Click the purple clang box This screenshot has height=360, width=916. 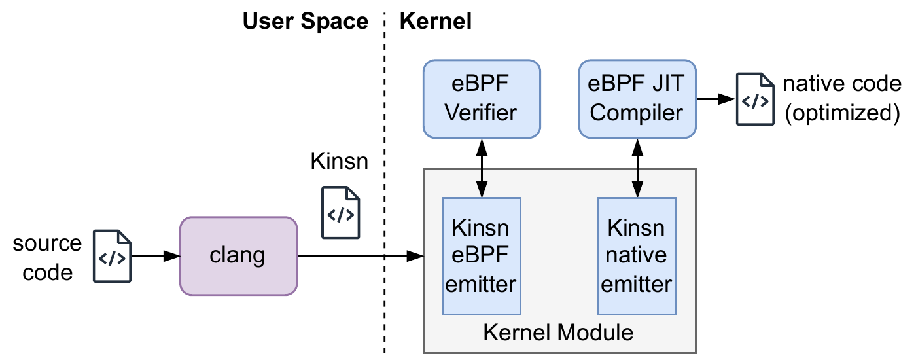coord(238,256)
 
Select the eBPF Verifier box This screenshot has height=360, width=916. coord(482,99)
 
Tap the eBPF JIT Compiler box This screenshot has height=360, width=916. coord(637,99)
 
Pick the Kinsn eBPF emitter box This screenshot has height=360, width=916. coord(482,256)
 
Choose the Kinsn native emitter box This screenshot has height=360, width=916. coord(637,256)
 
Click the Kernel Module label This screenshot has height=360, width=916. coord(558,333)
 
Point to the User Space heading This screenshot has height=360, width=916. coord(306,21)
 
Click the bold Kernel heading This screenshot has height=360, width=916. coord(436,21)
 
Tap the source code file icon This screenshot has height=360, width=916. coord(112,256)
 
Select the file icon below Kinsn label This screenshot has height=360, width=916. coord(341,212)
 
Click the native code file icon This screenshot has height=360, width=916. coord(755,99)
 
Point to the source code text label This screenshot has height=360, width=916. coord(47,258)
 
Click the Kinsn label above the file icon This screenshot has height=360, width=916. coord(340,161)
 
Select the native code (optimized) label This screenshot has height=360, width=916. coord(843,99)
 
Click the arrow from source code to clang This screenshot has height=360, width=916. coord(156,256)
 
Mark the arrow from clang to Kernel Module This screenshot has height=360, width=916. coord(361,256)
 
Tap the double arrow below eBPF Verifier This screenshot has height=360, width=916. coord(482,168)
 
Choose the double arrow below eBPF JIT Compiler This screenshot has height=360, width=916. coord(637,168)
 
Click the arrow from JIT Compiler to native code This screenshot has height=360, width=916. coord(716,99)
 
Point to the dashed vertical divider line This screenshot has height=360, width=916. coord(385,183)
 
